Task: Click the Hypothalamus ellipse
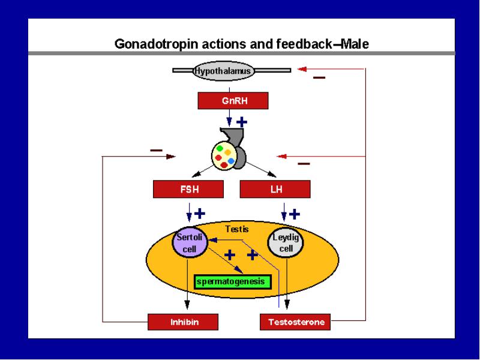pos(223,71)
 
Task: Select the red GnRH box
pos(233,101)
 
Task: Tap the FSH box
pos(188,189)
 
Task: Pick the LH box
pos(275,189)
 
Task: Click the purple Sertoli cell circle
pos(190,242)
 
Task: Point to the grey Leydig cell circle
pos(286,243)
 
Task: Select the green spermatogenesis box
pos(233,282)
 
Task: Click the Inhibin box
pos(183,322)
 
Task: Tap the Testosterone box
pos(295,322)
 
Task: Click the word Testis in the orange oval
pos(237,229)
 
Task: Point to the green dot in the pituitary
pos(220,148)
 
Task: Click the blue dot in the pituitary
pos(231,161)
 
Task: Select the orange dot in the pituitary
pos(228,152)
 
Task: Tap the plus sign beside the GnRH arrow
pos(242,122)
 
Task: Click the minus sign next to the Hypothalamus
pos(319,78)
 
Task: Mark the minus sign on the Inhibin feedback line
pos(156,151)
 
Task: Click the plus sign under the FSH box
pos(200,214)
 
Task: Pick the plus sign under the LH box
pos(295,214)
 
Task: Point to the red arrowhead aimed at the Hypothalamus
pos(302,69)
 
